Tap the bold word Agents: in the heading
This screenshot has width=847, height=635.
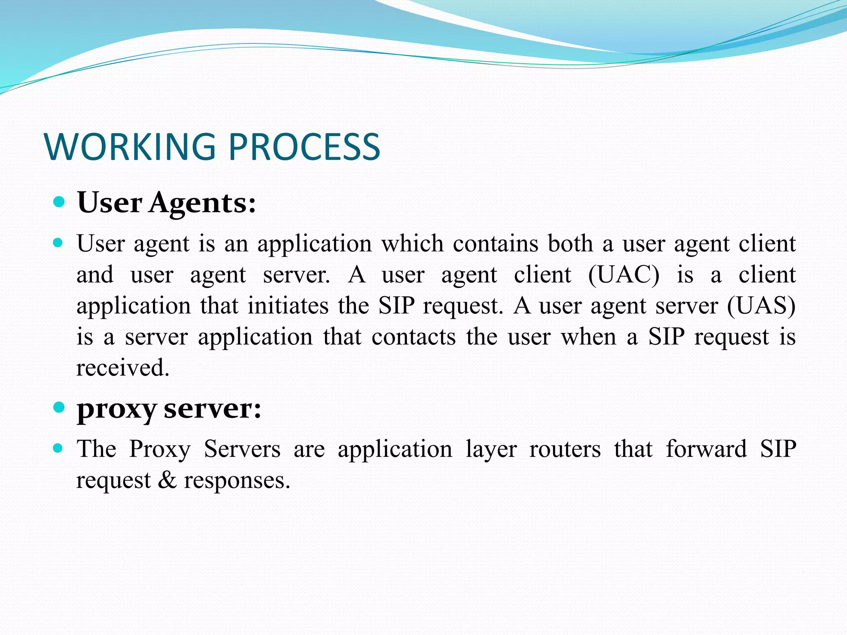click(x=202, y=203)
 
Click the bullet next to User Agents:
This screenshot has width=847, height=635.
click(x=60, y=202)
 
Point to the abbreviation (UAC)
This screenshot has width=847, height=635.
click(x=624, y=275)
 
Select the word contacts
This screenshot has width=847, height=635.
click(x=414, y=337)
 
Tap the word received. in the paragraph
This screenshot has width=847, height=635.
click(x=123, y=368)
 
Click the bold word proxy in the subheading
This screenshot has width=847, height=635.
click(x=117, y=409)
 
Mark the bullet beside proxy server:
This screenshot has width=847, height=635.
click(x=60, y=408)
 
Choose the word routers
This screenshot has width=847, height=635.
click(x=565, y=449)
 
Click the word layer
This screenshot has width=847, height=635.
click(x=491, y=450)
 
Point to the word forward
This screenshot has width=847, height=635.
click(x=706, y=449)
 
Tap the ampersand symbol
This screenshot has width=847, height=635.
click(x=167, y=480)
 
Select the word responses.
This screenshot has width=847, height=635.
click(x=237, y=481)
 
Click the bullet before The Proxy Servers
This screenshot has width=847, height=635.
click(x=58, y=448)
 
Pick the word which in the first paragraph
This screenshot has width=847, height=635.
click(x=412, y=243)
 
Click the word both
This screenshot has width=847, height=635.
click(x=571, y=243)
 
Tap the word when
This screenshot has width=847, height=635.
click(x=589, y=337)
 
